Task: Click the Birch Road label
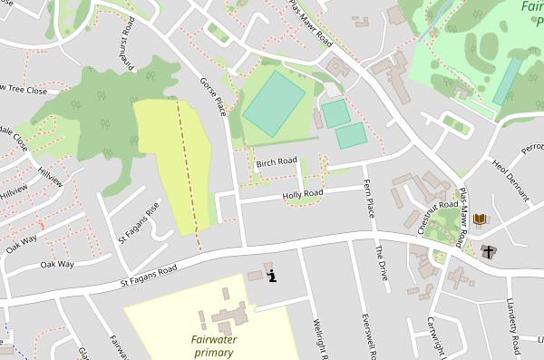(x=277, y=162)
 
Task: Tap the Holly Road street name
(x=302, y=194)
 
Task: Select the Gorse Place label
(x=211, y=95)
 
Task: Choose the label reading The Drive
(x=382, y=264)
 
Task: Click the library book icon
(x=479, y=219)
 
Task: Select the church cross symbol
(x=490, y=251)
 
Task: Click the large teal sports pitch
(x=274, y=104)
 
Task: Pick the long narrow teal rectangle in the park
(x=507, y=82)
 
